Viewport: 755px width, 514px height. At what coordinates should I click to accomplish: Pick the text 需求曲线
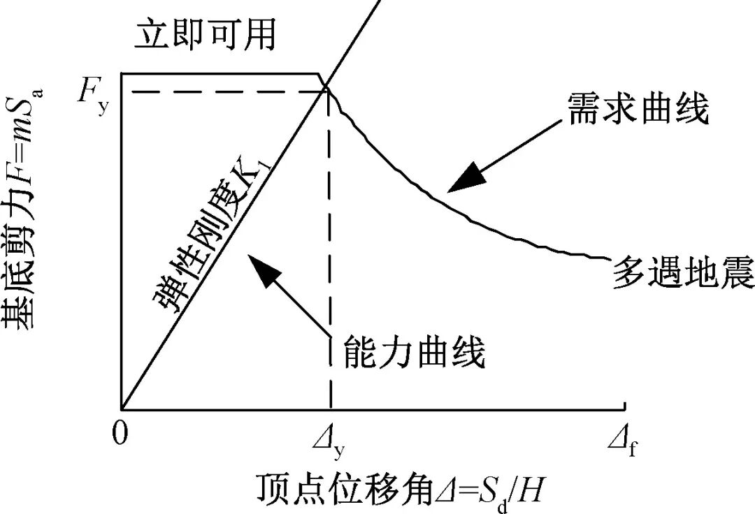tap(638, 110)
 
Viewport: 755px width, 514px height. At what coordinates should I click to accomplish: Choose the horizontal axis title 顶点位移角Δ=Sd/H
tap(399, 489)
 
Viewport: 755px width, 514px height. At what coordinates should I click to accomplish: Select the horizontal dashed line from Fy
tap(224, 90)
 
